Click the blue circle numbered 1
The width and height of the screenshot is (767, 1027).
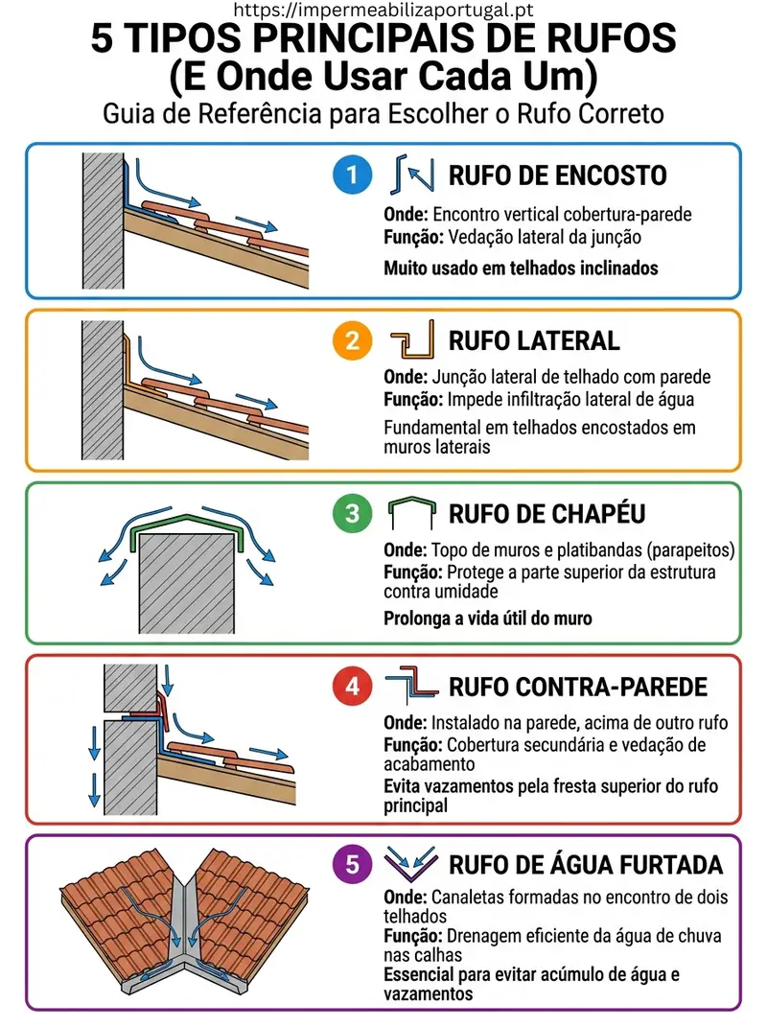[353, 175]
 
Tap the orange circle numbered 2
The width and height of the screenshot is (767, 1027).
[353, 340]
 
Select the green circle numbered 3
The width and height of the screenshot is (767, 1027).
[353, 514]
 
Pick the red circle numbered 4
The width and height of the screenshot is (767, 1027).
[353, 687]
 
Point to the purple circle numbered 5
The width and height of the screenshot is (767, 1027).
[353, 864]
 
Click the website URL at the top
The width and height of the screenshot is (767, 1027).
[383, 10]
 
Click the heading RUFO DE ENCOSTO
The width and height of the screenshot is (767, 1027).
[557, 175]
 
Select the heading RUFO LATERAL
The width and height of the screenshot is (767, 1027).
[534, 340]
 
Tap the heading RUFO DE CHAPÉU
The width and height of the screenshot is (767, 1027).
[546, 513]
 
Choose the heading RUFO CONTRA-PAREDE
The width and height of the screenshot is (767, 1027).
[578, 688]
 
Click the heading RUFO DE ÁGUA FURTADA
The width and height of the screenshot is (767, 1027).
[586, 864]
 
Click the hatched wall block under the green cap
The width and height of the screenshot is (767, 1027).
[187, 584]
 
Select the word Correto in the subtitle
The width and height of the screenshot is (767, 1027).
[623, 113]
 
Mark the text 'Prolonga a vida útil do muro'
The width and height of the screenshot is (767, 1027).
[488, 619]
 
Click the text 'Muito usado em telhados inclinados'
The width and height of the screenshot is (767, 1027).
[521, 268]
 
